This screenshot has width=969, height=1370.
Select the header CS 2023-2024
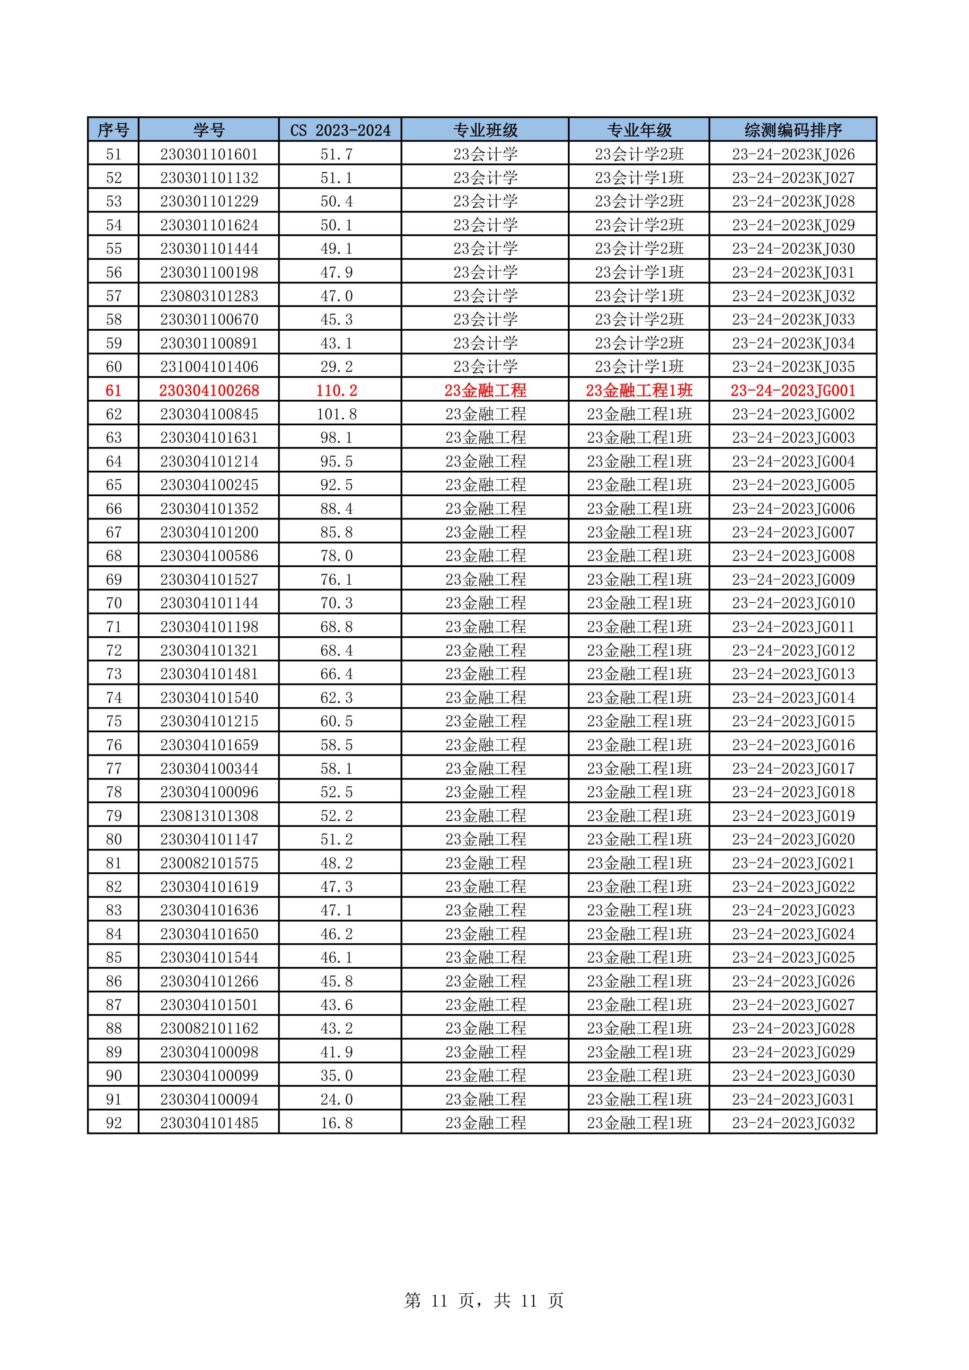(340, 130)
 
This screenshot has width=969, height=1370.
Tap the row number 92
(114, 1123)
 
